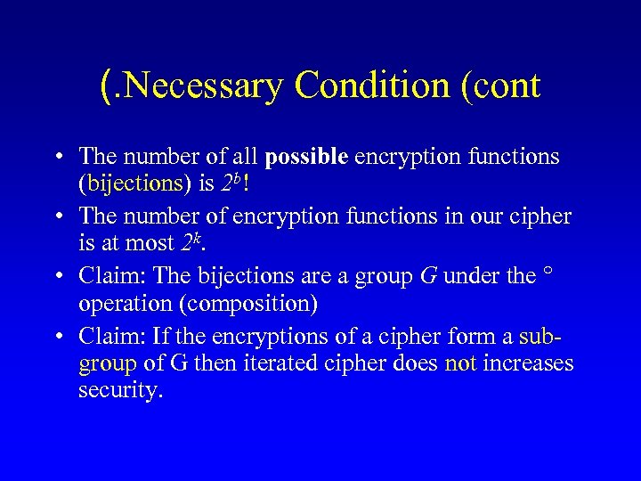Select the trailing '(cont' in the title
point(498,86)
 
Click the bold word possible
point(307,157)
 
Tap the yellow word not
point(462,363)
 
